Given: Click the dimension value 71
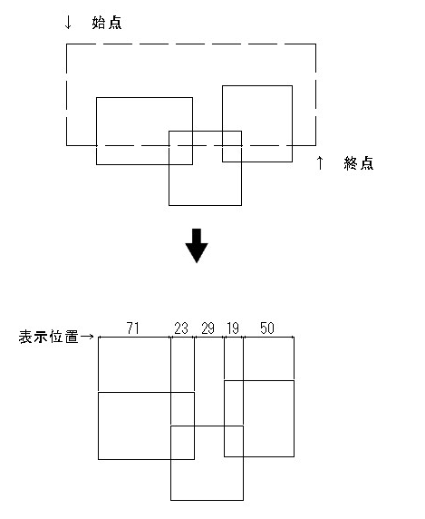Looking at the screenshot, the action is [133, 328].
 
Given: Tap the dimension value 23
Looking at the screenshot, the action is [181, 328].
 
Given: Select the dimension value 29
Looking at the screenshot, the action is [208, 328].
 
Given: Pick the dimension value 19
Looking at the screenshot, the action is [233, 328].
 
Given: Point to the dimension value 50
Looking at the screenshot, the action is [267, 328].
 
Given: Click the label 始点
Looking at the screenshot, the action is [107, 23].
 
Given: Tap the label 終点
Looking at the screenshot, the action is [359, 163].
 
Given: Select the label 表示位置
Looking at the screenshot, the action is [49, 337].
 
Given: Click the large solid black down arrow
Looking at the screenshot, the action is [197, 246].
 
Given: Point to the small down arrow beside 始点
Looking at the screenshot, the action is [68, 23].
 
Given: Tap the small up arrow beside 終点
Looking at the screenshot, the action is [320, 162].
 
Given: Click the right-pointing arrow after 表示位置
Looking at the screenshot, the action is [87, 337].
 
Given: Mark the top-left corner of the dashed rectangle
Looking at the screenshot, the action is [67, 44].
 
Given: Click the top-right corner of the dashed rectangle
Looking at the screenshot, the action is [315, 44].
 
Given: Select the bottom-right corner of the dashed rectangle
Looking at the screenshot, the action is [315, 145].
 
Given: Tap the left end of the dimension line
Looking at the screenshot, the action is [99, 338].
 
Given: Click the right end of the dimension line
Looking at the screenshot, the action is [294, 338].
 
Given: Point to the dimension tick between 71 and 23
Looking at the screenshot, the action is [171, 338].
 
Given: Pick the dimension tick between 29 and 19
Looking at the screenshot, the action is [225, 338].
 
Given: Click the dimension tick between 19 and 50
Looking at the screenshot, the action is [243, 338].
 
